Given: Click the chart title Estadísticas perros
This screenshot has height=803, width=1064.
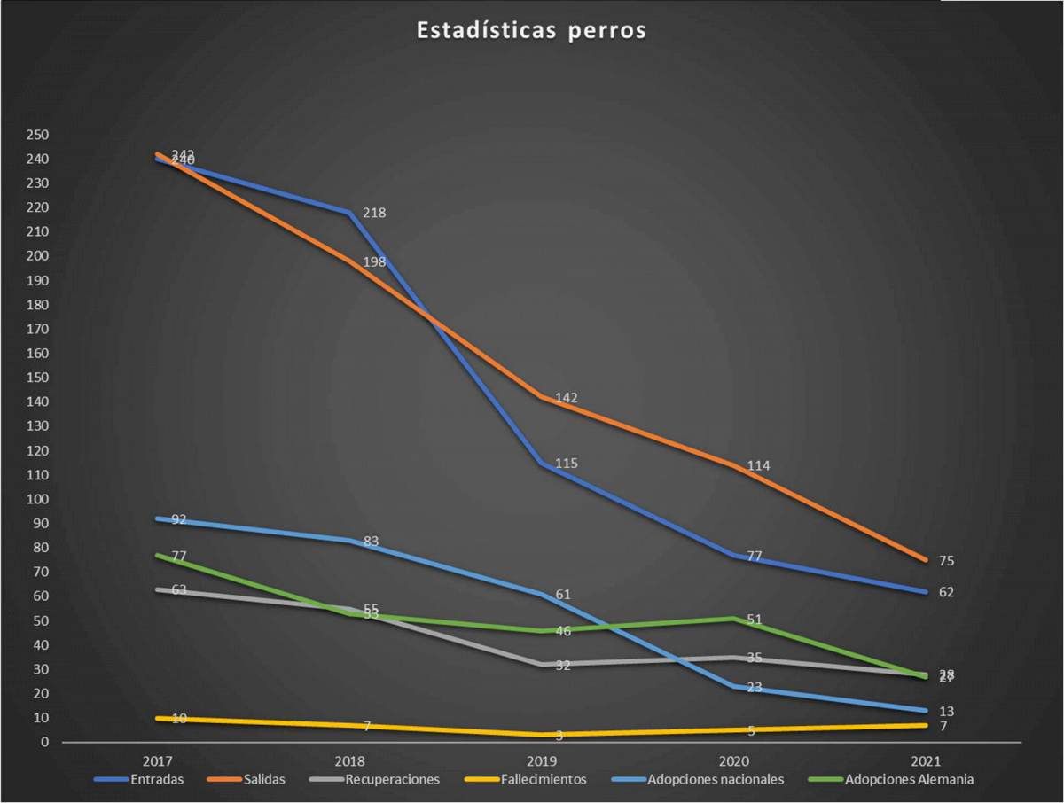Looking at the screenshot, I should pyautogui.click(x=532, y=31).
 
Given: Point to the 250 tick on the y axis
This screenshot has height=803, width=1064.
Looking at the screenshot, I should pyautogui.click(x=37, y=135).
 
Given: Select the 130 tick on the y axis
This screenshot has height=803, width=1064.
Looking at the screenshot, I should pyautogui.click(x=37, y=426).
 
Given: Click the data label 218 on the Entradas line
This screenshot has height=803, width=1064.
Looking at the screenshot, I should pyautogui.click(x=374, y=213).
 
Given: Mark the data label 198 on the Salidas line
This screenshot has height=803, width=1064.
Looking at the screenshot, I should pyautogui.click(x=374, y=261).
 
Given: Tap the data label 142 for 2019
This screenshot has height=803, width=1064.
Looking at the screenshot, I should pyautogui.click(x=567, y=398).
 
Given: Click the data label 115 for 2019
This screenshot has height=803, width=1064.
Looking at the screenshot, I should pyautogui.click(x=567, y=464).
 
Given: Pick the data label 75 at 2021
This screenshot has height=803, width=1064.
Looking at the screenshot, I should pyautogui.click(x=946, y=561).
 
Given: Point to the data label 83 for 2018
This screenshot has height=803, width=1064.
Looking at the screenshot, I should pyautogui.click(x=371, y=541).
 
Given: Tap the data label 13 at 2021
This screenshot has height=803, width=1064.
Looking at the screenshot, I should pyautogui.click(x=946, y=712).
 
